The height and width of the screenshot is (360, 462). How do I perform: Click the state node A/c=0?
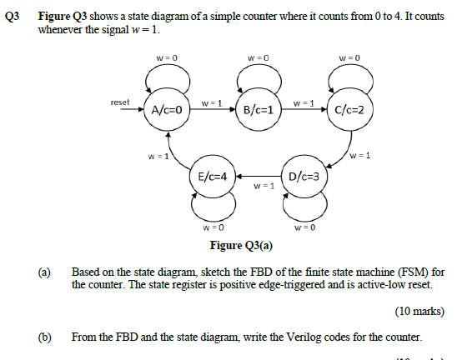[167, 109]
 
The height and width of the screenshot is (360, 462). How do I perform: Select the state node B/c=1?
[259, 109]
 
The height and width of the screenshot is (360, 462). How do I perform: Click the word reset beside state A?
[120, 102]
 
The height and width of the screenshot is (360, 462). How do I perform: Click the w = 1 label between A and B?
[212, 102]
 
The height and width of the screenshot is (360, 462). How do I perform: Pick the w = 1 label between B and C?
[304, 102]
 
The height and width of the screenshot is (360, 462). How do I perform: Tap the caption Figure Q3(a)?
[242, 246]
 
